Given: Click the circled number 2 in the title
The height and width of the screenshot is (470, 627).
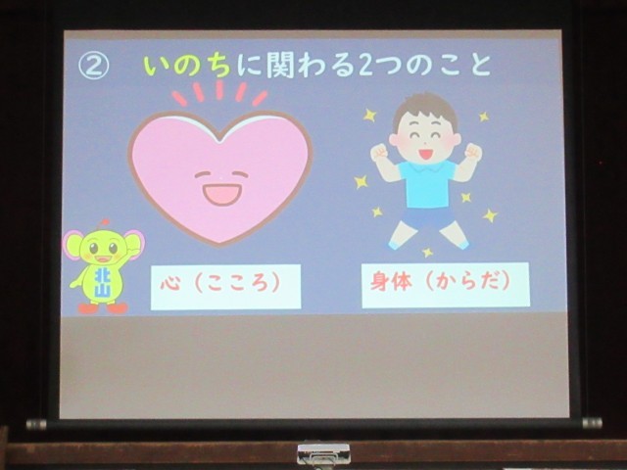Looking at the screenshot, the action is tap(93, 66).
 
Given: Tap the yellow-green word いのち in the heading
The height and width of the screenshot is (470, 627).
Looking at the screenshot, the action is tap(187, 66).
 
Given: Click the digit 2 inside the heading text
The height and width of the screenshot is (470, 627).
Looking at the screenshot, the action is tap(364, 66).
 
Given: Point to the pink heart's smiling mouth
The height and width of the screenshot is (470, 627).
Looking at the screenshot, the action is tap(222, 194).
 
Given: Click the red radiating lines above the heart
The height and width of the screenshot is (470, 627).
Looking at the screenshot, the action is tap(219, 93).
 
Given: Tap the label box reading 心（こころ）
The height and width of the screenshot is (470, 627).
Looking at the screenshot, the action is tap(225, 287).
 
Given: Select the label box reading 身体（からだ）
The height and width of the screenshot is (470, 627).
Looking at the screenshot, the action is tap(446, 285).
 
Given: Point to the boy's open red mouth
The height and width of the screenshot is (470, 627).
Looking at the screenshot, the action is tap(424, 154).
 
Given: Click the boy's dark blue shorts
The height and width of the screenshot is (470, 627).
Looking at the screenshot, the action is tap(429, 218).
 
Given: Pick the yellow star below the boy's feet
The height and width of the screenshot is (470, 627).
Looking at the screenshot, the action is tap(427, 253).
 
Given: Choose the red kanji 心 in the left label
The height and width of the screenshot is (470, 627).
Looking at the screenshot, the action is tap(170, 284).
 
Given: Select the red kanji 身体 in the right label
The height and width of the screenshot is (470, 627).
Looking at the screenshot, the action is tap(391, 281).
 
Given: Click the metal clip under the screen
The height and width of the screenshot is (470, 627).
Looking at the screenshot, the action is tap(323, 453).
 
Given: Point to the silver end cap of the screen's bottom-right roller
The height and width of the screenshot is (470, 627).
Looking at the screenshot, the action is tap(592, 423).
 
